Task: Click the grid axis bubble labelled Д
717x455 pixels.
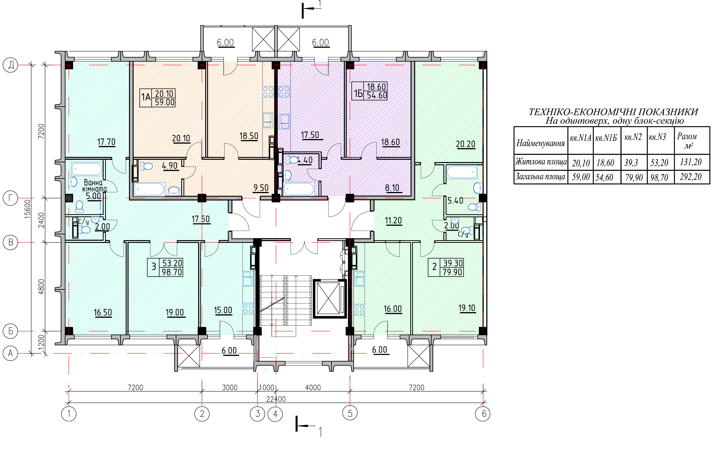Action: [11, 65]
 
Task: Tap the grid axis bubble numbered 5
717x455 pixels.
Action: [350, 413]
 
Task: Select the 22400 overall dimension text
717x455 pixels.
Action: [276, 399]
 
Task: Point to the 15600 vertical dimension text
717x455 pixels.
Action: [27, 209]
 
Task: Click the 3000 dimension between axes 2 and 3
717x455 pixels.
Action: [230, 387]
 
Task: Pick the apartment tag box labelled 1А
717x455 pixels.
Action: [158, 98]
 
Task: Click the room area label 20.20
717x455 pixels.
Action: [466, 144]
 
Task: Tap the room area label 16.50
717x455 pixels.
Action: [103, 313]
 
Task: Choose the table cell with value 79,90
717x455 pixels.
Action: [634, 178]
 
